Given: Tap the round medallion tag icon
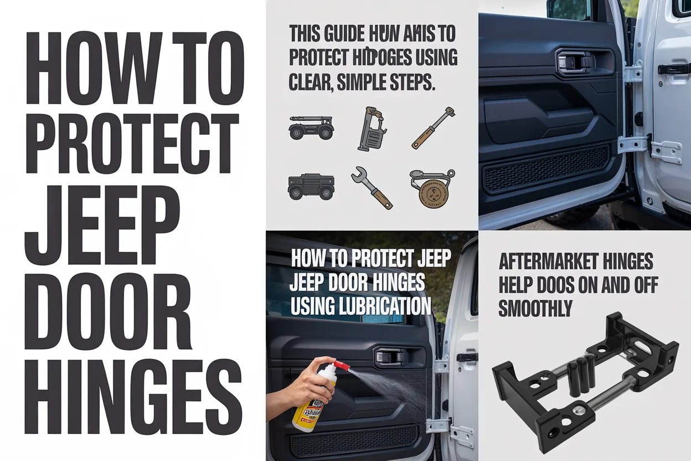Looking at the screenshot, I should pyautogui.click(x=431, y=188).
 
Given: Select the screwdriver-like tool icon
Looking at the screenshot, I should pyautogui.click(x=433, y=128).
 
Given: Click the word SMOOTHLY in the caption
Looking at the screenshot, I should pyautogui.click(x=535, y=309).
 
